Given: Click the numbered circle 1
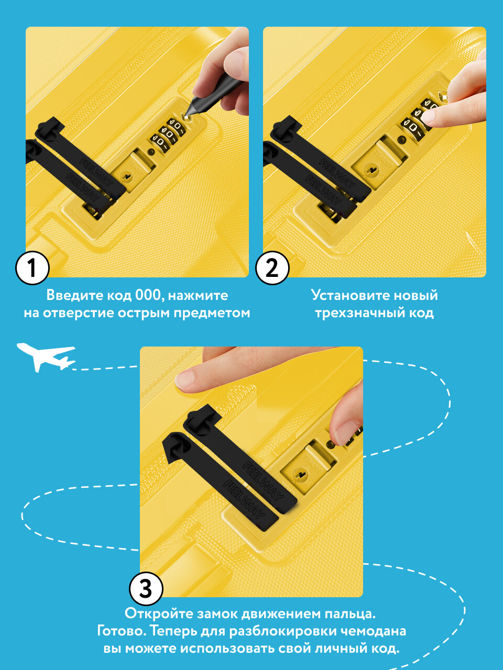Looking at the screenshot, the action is tap(32, 267).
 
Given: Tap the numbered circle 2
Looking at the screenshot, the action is tap(272, 267).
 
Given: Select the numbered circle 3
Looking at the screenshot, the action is tap(146, 589).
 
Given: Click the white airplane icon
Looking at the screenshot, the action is tap(46, 357).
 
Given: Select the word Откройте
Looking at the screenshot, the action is tap(159, 613).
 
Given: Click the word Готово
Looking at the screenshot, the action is tap(122, 631).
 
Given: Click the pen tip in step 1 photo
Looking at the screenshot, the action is tap(186, 115).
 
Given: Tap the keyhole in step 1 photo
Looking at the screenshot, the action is tap(126, 176).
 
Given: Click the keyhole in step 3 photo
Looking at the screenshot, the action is tap(301, 475).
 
